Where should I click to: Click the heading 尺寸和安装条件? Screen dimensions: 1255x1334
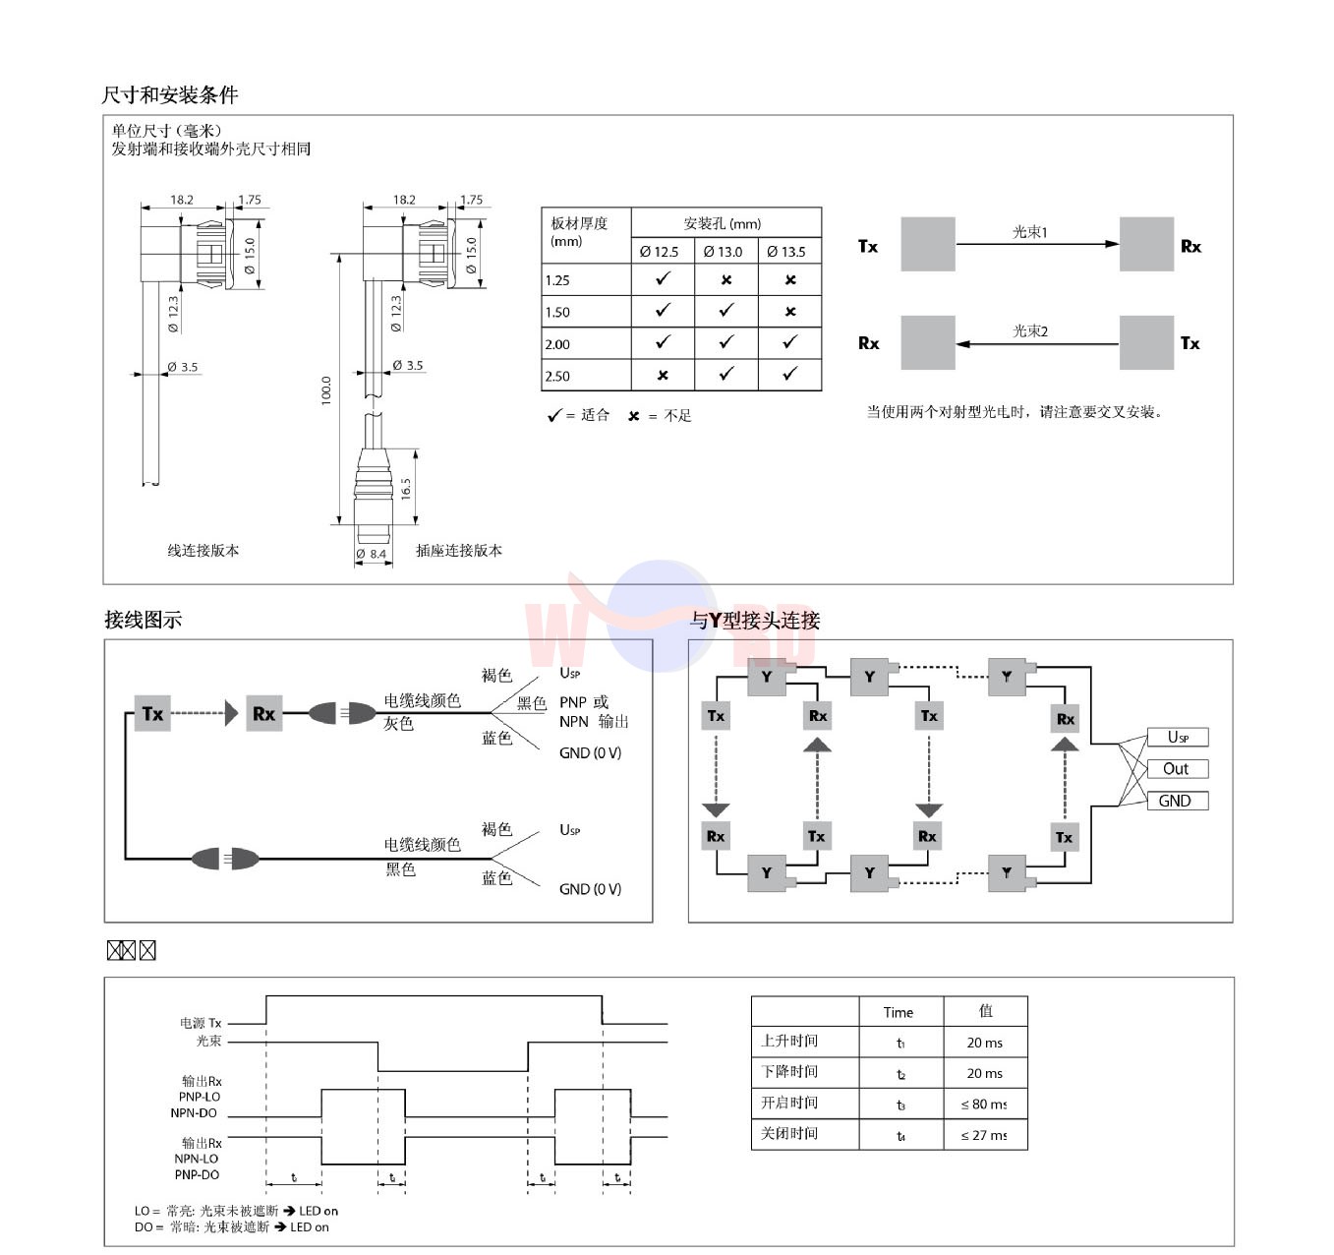coord(169,95)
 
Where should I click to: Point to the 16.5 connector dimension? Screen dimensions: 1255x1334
coord(405,488)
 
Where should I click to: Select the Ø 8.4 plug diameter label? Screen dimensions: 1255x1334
coord(372,555)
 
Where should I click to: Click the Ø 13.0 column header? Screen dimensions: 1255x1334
coord(724,252)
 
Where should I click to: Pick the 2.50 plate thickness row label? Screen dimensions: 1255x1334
coord(557,376)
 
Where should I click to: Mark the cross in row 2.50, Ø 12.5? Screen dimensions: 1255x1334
coord(663,375)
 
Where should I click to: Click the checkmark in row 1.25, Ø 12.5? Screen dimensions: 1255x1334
coord(663,279)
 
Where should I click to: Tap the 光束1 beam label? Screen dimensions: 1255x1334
coord(1030,232)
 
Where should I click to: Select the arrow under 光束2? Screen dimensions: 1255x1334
coord(1036,344)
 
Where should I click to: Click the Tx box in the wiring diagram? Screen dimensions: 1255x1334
coord(152,714)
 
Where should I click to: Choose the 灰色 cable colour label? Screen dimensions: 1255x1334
coord(398,724)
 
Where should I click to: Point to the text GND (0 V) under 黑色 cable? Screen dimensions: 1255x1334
coord(590,889)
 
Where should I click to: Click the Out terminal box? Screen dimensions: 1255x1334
coord(1177,769)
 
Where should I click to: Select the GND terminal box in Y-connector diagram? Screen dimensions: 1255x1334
coord(1177,801)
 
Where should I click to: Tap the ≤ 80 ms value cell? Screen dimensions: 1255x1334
coord(984,1105)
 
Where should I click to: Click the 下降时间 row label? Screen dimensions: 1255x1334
coord(789,1072)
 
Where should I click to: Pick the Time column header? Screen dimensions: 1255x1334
coord(899,1012)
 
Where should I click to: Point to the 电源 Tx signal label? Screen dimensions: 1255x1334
coord(201,1023)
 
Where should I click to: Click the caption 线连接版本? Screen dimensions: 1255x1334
coord(203,551)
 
